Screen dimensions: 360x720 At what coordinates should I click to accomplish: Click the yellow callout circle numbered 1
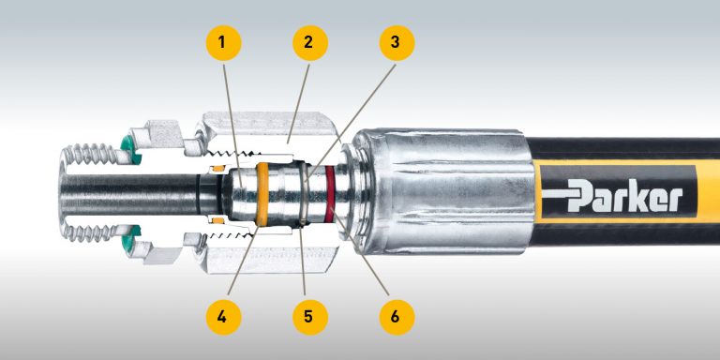222,42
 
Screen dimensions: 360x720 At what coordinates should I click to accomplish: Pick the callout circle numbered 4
222,316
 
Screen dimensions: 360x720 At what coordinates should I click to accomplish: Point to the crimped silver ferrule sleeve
441,192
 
